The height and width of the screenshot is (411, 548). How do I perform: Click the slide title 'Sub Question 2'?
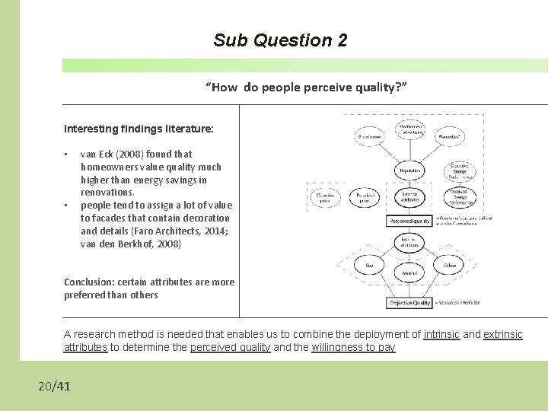[x=280, y=40]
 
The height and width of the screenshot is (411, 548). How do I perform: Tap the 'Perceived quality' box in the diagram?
[x=409, y=221]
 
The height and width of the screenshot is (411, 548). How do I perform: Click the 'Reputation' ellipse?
[x=409, y=171]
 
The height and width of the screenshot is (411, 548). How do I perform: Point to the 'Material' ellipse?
[x=409, y=272]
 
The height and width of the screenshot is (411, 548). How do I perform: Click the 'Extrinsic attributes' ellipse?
[x=409, y=196]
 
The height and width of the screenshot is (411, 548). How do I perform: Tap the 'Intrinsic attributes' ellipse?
[x=409, y=243]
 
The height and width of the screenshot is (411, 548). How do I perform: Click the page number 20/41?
[x=54, y=387]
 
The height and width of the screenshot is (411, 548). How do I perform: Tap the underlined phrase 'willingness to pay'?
[x=353, y=347]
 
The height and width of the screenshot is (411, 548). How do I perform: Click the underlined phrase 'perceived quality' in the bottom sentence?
[x=230, y=347]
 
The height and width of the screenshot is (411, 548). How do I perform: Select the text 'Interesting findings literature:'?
[x=139, y=129]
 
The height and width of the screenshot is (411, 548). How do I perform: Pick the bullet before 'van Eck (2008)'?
[x=67, y=153]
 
